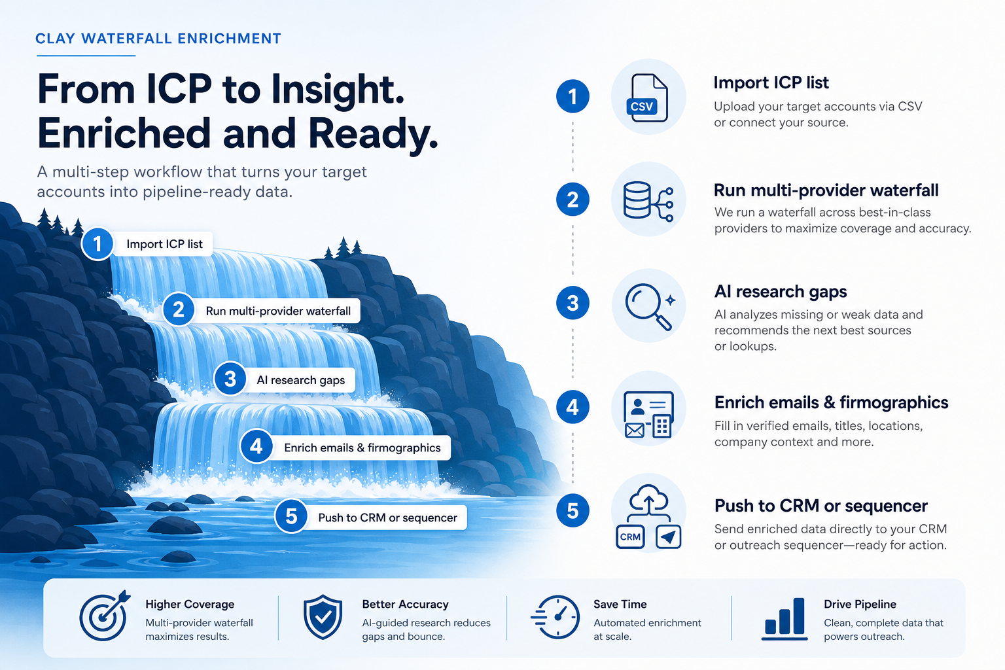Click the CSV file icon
click(647, 98)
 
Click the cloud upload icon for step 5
click(649, 500)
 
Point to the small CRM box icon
click(630, 537)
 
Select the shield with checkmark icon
click(323, 617)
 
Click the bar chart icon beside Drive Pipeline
click(785, 618)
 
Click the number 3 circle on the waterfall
click(230, 379)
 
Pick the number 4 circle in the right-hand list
click(573, 407)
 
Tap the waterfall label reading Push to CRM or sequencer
click(387, 518)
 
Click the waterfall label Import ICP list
click(164, 243)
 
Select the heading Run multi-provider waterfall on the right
click(826, 190)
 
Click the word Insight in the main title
click(338, 90)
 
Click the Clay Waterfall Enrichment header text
click(158, 39)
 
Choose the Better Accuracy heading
click(405, 604)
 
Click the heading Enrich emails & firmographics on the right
click(832, 402)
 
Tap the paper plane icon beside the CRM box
click(669, 537)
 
